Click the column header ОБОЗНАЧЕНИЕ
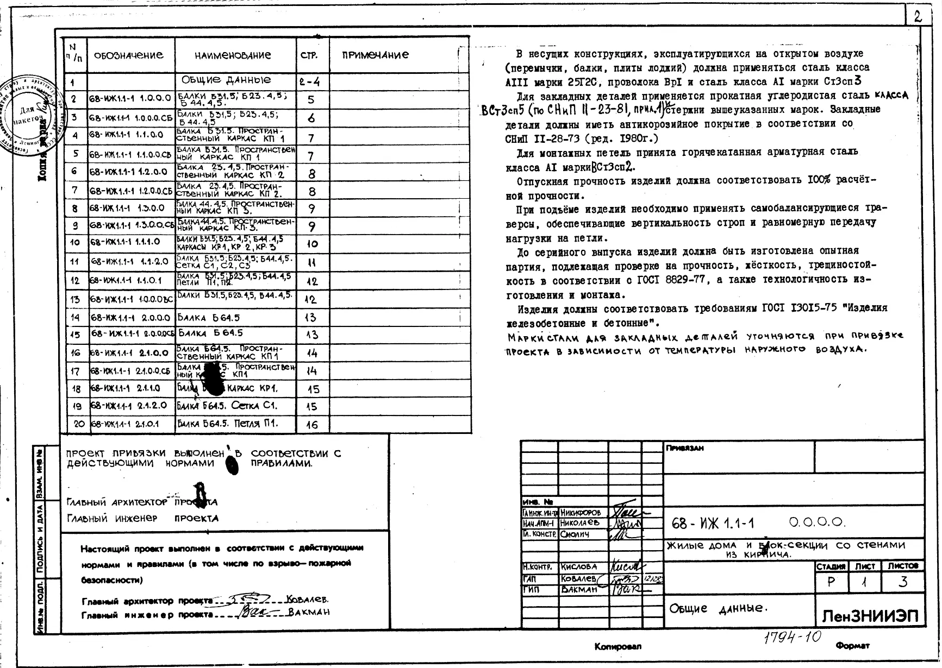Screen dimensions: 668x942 [x=128, y=55]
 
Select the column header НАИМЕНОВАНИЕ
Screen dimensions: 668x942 [x=233, y=55]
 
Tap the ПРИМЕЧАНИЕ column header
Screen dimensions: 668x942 [x=376, y=55]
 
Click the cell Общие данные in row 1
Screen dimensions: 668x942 [x=226, y=80]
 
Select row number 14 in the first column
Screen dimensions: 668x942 [x=75, y=318]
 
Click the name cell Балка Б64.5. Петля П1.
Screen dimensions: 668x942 [x=228, y=424]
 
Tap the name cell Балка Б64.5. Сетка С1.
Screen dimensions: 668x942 [x=227, y=406]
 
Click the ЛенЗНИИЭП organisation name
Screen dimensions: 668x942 [x=870, y=616]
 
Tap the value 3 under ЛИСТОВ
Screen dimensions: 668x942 [x=903, y=582]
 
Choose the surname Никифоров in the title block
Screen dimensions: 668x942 [x=581, y=513]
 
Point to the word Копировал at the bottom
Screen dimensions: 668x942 [x=617, y=647]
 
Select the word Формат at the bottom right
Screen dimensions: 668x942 [x=852, y=646]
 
